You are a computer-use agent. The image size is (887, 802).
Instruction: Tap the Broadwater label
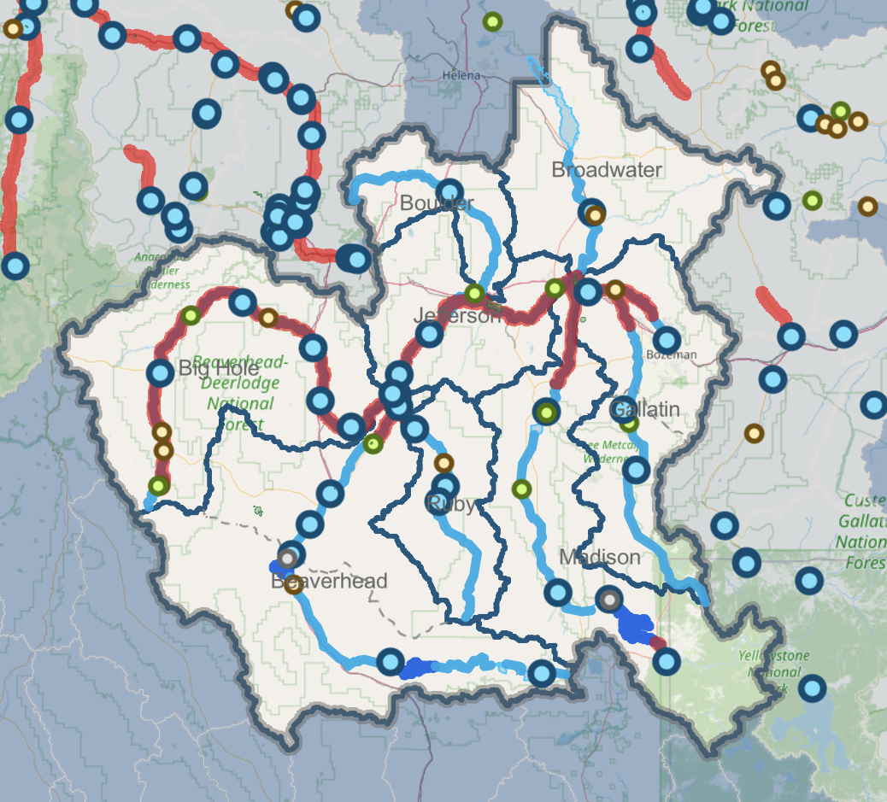[607, 170]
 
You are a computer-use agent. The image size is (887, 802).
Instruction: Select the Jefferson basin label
[458, 315]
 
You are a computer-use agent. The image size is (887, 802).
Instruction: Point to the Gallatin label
[646, 410]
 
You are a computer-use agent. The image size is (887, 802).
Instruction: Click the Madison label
[599, 558]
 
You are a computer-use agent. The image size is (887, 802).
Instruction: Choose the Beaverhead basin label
[329, 582]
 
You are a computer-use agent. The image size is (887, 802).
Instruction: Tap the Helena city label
[461, 76]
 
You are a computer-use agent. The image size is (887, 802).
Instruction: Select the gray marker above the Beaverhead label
[289, 558]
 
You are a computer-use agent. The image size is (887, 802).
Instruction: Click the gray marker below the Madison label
[608, 600]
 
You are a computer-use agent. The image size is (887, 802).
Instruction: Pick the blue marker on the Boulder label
[449, 192]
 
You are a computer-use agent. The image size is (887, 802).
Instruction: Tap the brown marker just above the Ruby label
[443, 464]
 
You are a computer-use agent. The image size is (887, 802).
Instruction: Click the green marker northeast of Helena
[492, 20]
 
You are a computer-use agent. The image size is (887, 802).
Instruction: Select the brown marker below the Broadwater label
[596, 215]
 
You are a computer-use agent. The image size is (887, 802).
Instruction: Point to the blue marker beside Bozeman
[667, 339]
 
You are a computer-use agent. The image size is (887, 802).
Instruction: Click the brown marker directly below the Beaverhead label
[293, 585]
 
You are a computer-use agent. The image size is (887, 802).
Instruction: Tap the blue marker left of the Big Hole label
[160, 372]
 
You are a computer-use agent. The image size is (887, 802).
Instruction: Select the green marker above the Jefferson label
[474, 294]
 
